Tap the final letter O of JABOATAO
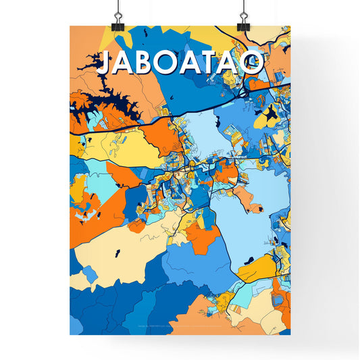[x=251, y=63]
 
